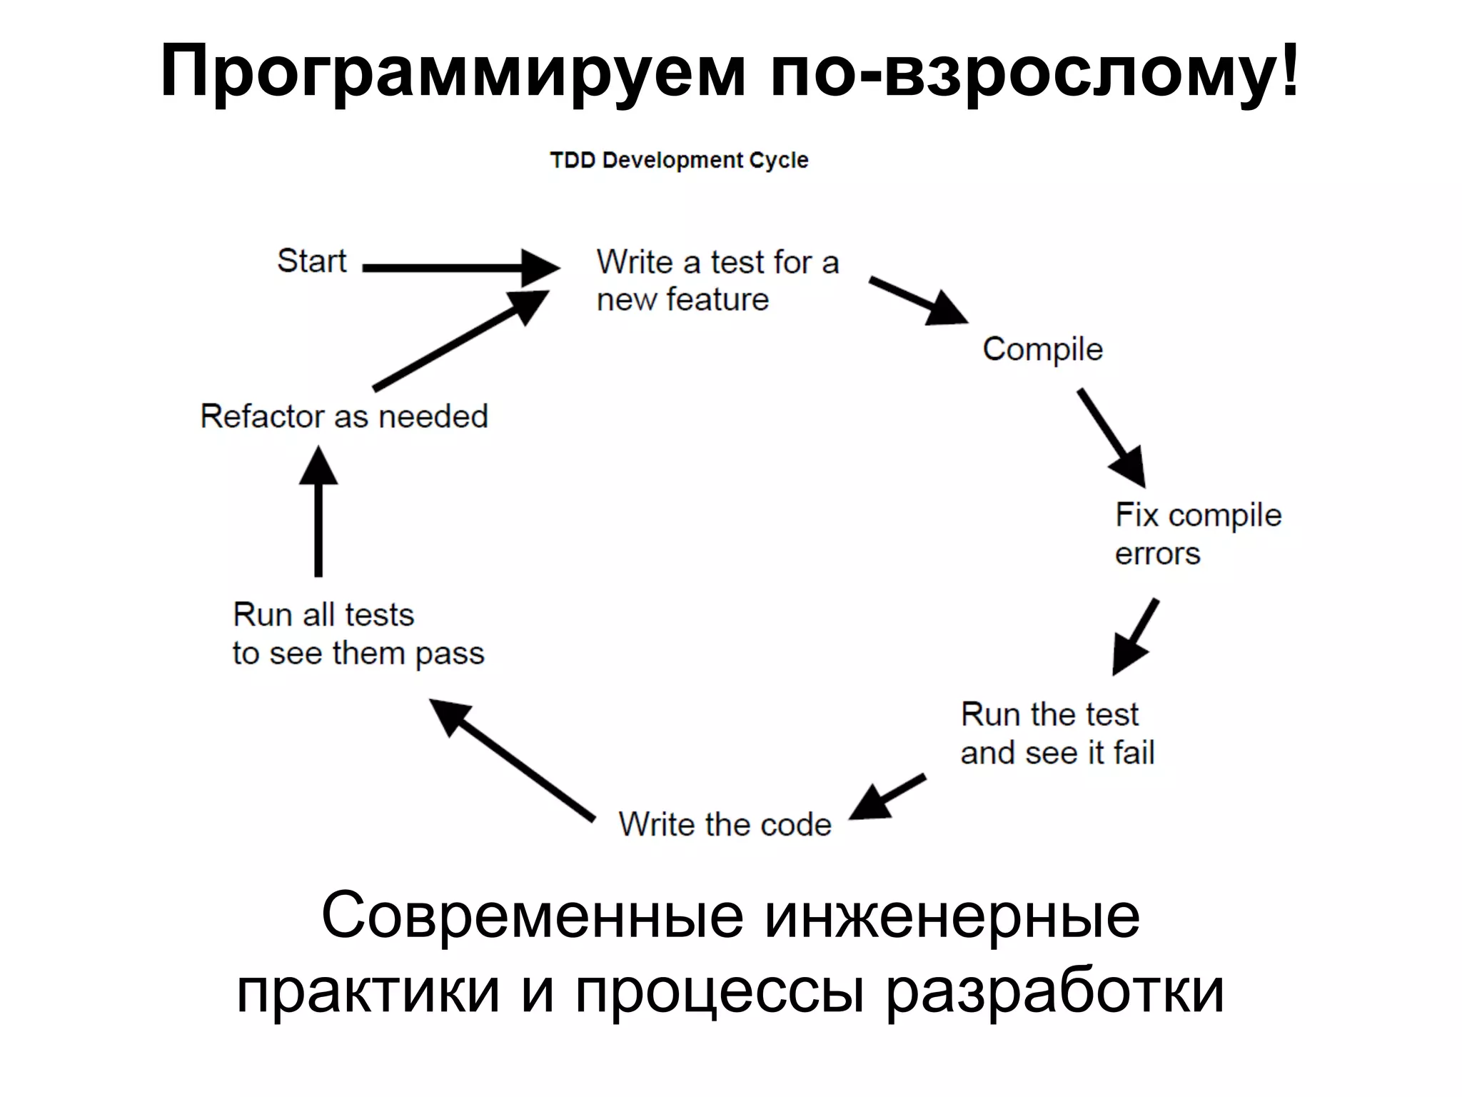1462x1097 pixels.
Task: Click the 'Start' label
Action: pos(311,261)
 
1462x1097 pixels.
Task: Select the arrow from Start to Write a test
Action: pos(460,268)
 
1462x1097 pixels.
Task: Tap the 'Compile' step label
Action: pos(1042,349)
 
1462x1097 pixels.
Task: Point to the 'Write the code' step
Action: pos(725,824)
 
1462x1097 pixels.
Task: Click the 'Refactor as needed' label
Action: pos(344,416)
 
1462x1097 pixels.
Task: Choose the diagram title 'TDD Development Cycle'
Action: pos(679,160)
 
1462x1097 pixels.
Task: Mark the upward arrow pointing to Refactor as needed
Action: pos(318,511)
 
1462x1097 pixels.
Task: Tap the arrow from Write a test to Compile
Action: pos(918,301)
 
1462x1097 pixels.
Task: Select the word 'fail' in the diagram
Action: pos(1134,752)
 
